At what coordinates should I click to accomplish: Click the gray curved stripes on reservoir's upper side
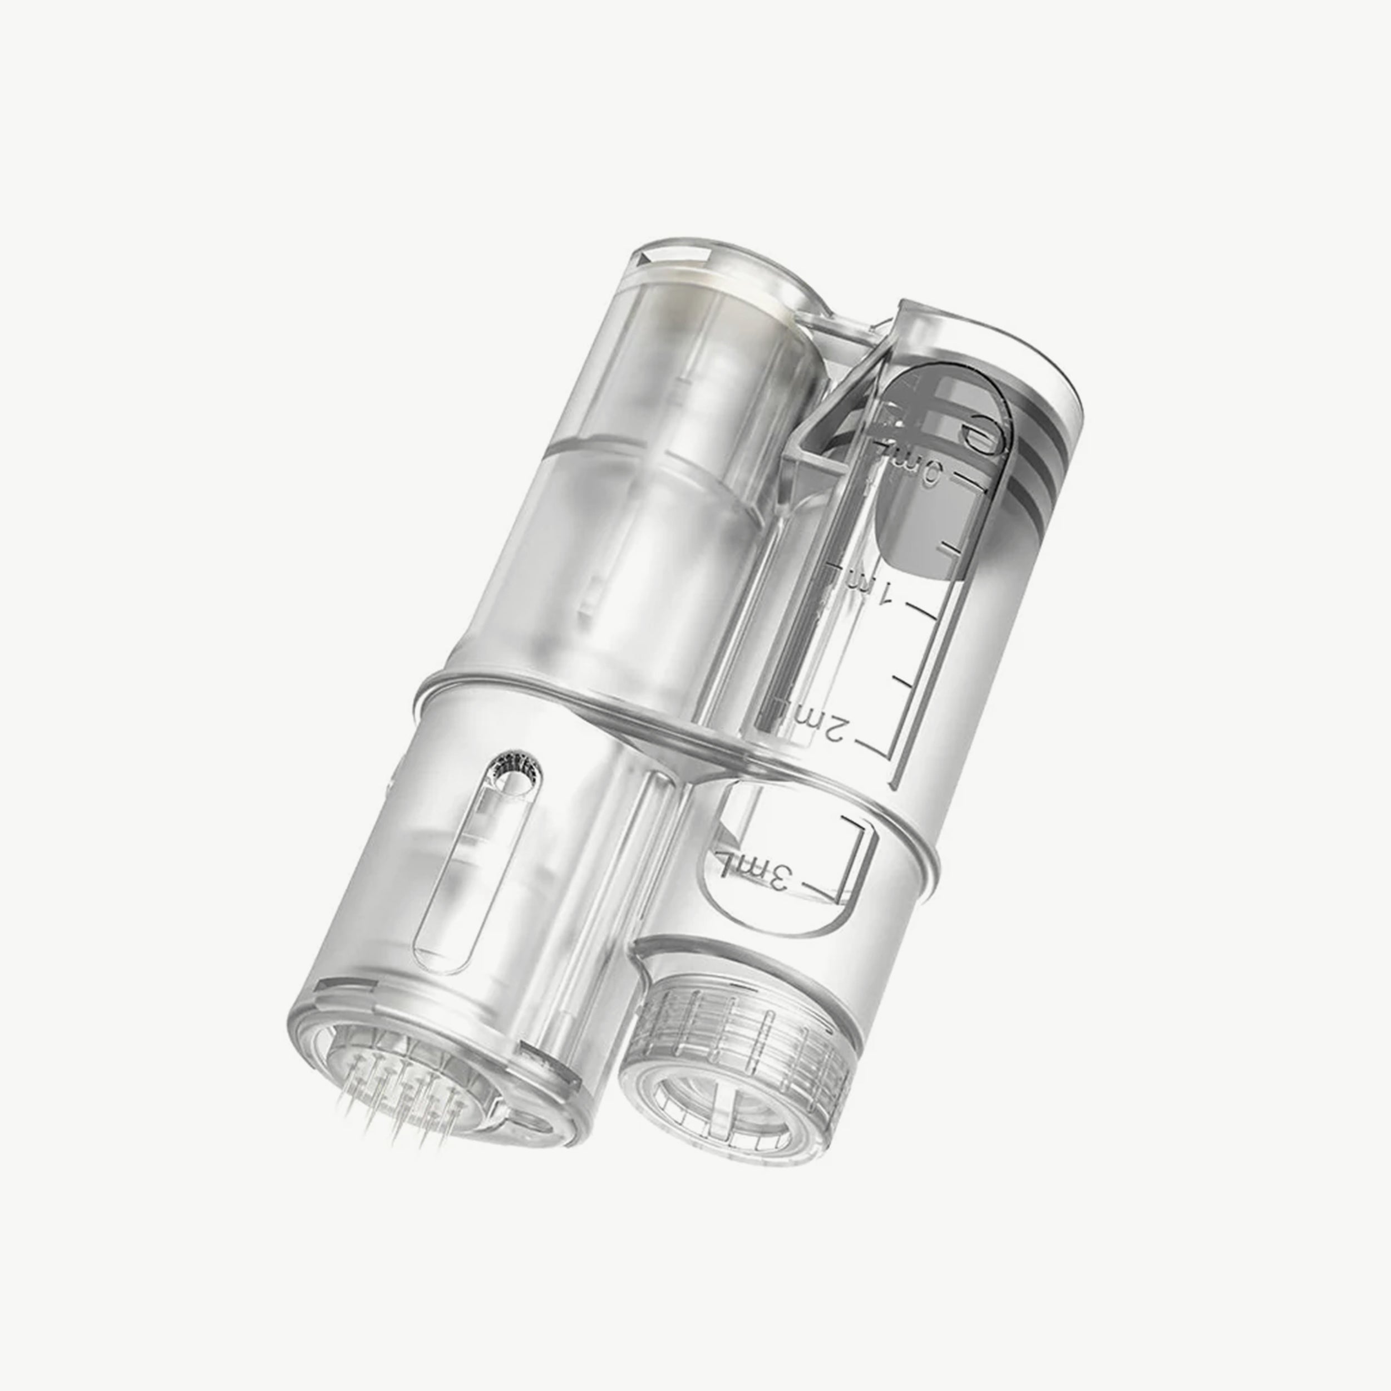pyautogui.click(x=1037, y=461)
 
